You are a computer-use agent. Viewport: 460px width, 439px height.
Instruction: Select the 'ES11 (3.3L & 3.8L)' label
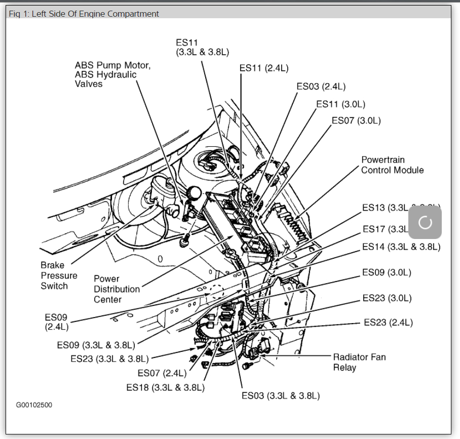tap(202, 47)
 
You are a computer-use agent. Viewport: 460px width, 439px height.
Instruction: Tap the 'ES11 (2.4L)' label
tap(264, 68)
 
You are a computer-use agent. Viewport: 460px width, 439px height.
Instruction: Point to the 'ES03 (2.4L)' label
tap(321, 87)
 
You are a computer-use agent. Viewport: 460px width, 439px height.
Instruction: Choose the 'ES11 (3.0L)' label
tap(340, 104)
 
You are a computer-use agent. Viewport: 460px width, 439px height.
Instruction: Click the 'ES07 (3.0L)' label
tap(356, 121)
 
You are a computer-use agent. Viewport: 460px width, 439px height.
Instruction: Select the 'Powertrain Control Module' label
tap(392, 165)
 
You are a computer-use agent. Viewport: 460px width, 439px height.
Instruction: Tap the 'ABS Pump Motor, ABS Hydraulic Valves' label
tap(112, 74)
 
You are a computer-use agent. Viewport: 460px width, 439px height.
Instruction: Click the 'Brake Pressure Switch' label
tap(59, 275)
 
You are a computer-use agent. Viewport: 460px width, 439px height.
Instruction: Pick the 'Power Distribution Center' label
tap(117, 289)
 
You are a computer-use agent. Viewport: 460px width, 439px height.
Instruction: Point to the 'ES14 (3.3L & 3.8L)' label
tap(401, 247)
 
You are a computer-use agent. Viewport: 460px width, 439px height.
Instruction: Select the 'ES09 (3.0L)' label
tap(387, 272)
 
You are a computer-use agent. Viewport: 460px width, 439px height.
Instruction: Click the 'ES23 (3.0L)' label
tap(387, 298)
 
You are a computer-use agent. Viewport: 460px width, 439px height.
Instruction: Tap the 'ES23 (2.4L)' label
tap(388, 323)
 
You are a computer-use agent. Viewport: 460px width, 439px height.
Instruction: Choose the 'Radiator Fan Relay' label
tap(359, 362)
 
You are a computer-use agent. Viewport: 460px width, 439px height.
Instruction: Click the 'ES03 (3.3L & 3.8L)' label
tap(280, 395)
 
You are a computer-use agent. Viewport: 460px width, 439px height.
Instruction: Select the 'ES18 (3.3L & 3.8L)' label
tap(165, 387)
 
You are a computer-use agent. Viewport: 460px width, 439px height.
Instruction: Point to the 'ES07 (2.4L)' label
tap(162, 373)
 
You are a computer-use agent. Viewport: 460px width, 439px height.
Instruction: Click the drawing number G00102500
tap(34, 405)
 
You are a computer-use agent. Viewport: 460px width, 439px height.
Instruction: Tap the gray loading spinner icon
tap(425, 222)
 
